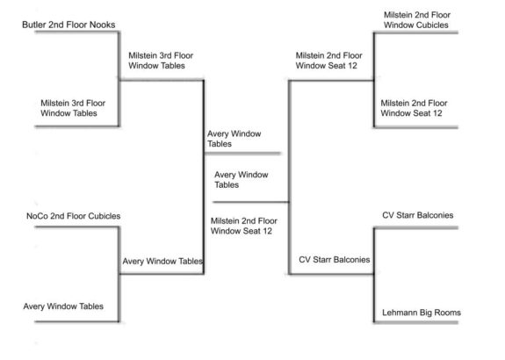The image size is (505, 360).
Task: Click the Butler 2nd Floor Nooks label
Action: (69, 25)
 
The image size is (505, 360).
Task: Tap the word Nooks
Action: (103, 25)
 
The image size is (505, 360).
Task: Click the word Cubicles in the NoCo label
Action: (105, 216)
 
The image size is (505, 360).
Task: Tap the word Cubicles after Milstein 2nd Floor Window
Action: (432, 25)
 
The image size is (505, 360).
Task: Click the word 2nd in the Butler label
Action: (55, 25)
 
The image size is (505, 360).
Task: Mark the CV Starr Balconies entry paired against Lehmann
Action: (418, 215)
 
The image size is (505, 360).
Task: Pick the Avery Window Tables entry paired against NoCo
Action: (63, 306)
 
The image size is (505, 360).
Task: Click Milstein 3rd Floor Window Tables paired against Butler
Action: (73, 108)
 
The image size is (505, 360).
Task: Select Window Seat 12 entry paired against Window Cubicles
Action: (414, 108)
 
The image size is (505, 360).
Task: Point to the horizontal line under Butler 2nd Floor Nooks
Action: (77, 32)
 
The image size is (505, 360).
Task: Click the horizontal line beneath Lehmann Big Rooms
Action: (416, 322)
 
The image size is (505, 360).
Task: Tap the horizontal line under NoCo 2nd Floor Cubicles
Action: (77, 227)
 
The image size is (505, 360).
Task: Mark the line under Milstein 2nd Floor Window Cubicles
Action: (416, 32)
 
